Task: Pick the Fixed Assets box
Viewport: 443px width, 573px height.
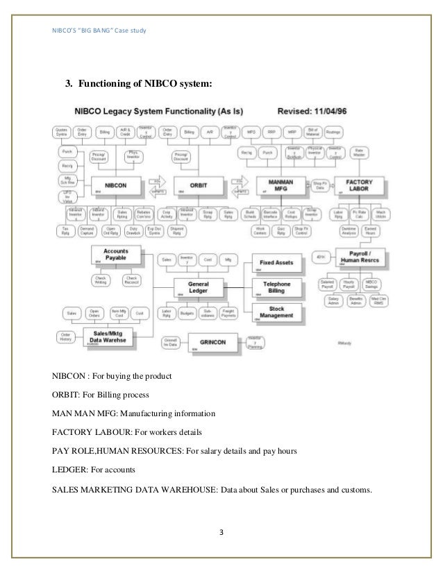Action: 278,263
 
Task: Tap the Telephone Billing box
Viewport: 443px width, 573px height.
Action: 278,287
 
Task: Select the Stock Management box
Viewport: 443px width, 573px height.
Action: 278,313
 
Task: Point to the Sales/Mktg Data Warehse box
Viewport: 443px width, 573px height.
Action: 111,338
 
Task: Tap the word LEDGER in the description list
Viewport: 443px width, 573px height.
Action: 62,470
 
